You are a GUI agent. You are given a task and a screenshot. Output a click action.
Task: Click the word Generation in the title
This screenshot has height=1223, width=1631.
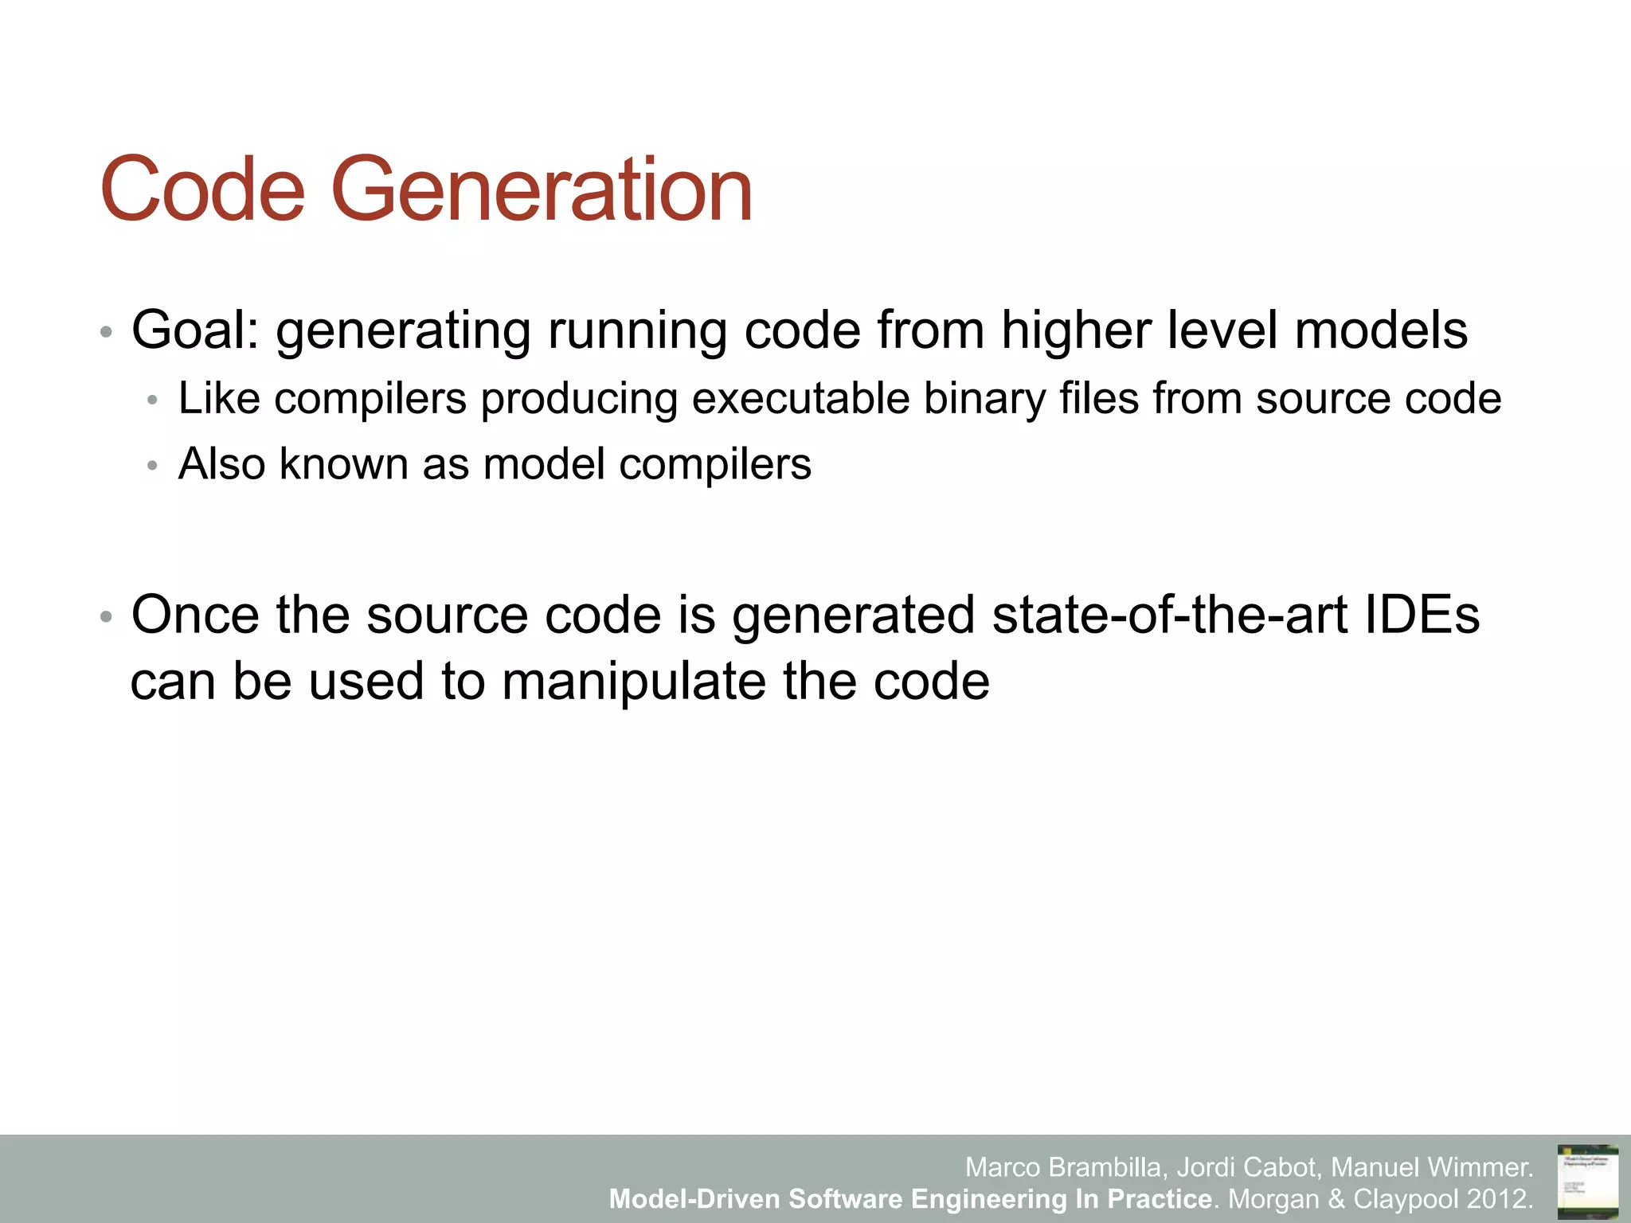[541, 190]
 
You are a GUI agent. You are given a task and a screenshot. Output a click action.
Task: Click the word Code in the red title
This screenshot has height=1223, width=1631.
[202, 190]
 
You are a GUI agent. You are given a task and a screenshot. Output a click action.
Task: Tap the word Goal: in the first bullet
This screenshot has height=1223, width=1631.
[196, 330]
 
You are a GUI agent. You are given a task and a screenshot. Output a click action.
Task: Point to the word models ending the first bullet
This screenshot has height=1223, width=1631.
[1381, 330]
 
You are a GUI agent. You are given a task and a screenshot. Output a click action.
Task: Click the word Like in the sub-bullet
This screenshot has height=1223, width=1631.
[219, 398]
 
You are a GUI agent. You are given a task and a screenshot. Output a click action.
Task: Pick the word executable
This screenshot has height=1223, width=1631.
[800, 398]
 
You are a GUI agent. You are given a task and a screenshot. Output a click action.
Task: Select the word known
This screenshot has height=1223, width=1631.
[343, 464]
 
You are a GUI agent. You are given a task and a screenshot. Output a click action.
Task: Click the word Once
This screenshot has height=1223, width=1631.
[195, 615]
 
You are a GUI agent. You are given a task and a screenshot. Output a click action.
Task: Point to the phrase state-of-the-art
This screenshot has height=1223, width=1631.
[1170, 615]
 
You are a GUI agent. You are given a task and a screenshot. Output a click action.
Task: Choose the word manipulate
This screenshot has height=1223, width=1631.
[634, 682]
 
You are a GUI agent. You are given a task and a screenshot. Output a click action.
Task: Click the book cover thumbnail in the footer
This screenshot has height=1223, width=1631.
[1587, 1182]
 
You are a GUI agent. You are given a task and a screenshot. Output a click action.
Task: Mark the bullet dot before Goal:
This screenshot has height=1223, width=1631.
[106, 331]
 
